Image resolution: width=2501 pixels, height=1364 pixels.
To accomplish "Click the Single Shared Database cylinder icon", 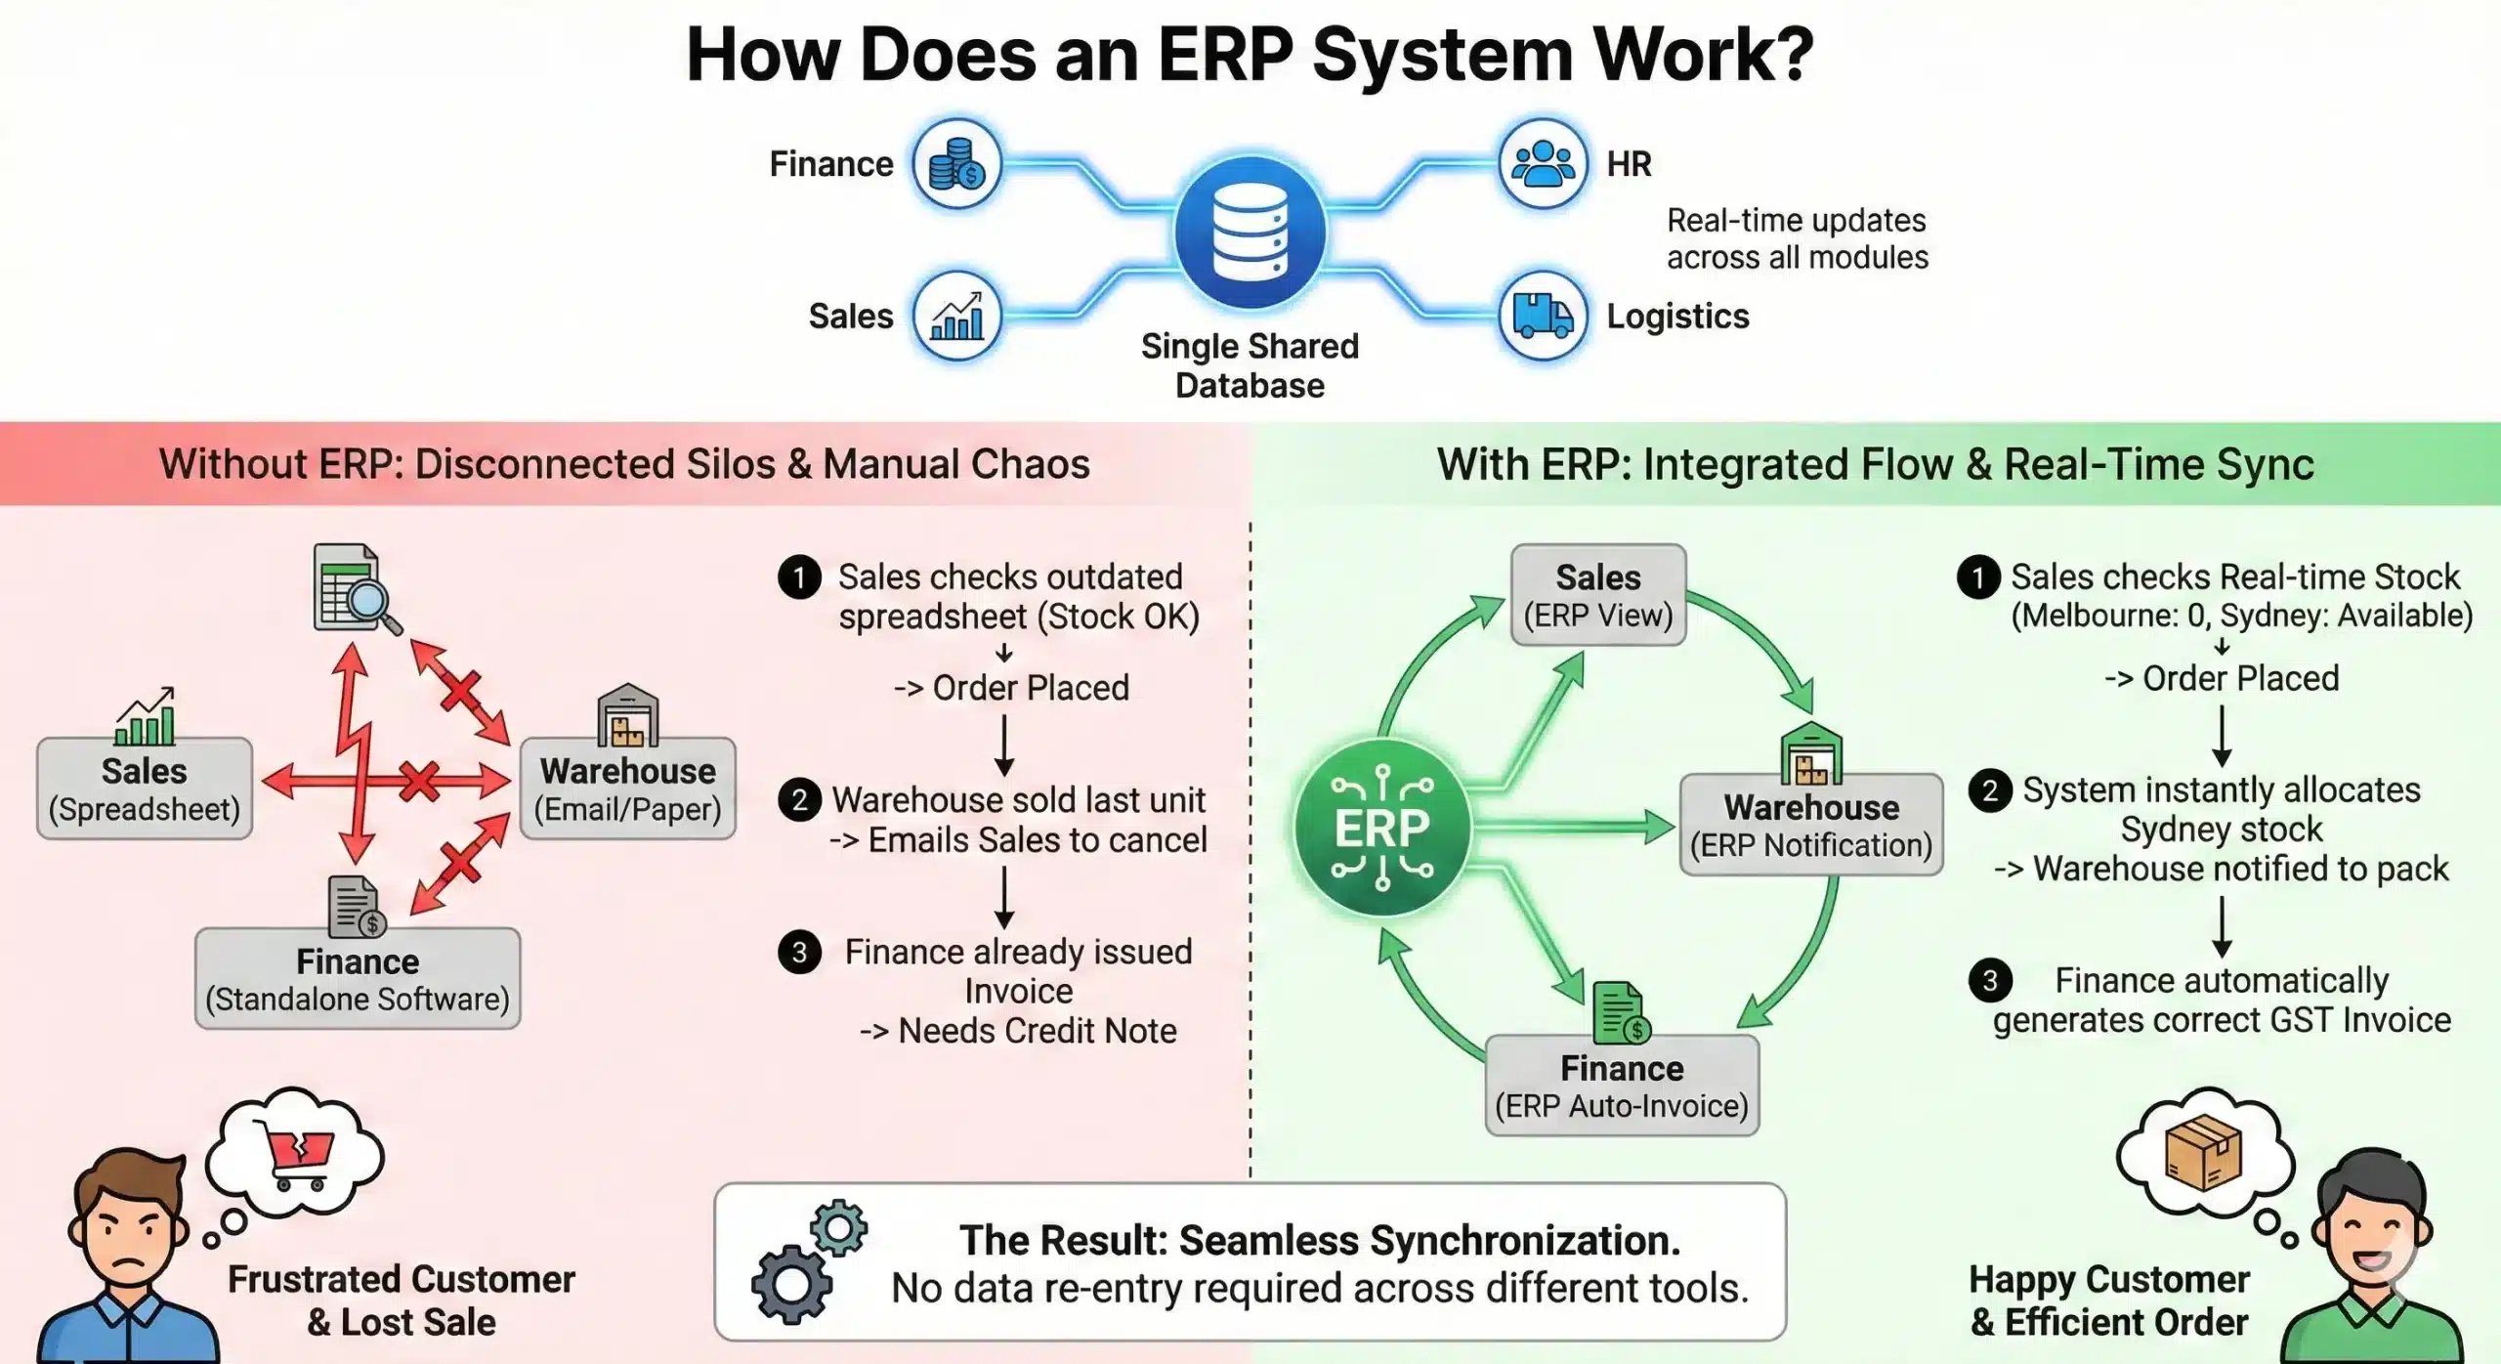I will coord(1250,234).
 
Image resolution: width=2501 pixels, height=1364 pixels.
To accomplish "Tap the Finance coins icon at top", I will coord(956,164).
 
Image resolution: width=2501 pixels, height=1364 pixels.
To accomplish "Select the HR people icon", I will coord(1542,164).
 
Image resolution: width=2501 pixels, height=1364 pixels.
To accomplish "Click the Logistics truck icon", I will coord(1542,316).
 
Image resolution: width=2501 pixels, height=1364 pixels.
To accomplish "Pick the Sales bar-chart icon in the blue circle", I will coord(956,316).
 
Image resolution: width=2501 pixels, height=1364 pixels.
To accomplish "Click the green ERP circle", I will coord(1381,828).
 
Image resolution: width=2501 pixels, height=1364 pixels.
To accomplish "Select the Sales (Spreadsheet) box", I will coord(145,789).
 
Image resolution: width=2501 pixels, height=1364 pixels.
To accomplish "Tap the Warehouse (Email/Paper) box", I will coord(627,789).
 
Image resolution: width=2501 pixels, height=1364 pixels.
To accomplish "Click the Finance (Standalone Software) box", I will coord(358,978).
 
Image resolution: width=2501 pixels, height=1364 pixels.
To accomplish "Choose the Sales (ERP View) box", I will coord(1598,595).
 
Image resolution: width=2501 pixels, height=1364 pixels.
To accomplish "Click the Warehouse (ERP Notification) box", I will coord(1811,825).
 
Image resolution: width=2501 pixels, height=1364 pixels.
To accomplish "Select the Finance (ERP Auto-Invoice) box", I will coord(1622,1086).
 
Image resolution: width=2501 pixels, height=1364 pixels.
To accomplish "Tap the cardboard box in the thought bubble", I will coord(2204,1153).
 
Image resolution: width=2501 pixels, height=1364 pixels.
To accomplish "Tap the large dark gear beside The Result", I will coord(791,1284).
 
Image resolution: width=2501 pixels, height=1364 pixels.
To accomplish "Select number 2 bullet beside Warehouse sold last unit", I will coord(799,800).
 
